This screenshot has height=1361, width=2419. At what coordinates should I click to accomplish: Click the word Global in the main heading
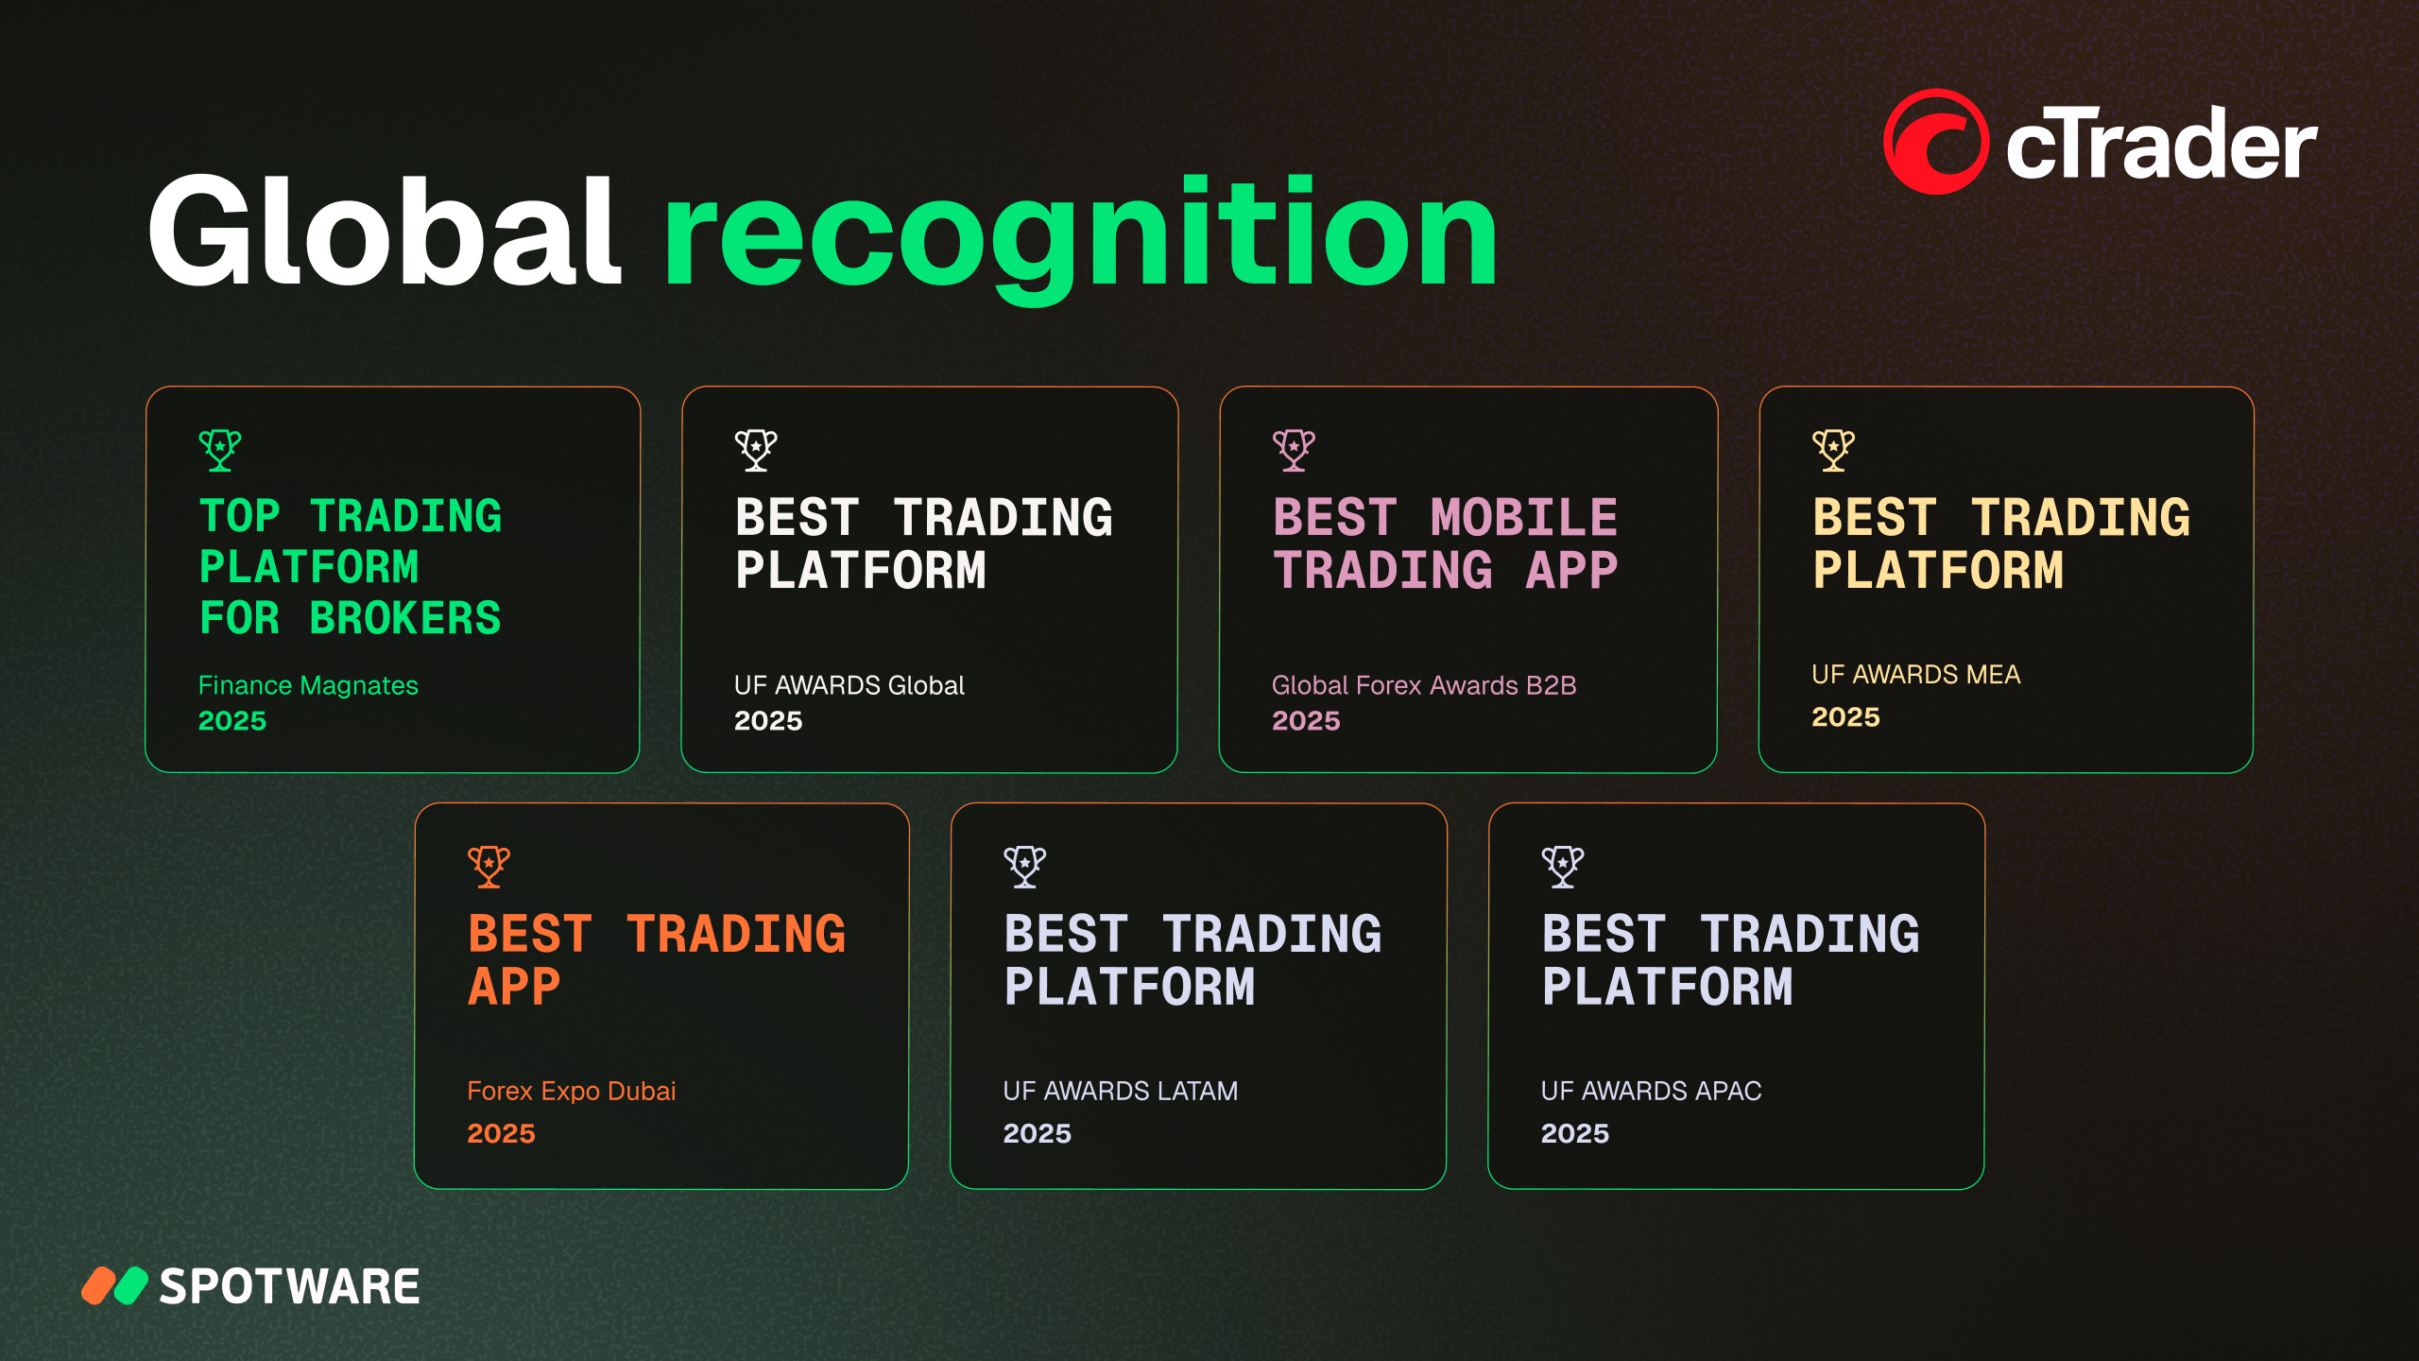tap(385, 232)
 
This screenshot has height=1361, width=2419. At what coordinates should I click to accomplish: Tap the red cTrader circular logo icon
tap(1935, 142)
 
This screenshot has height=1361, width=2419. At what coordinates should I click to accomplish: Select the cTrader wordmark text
tap(2161, 144)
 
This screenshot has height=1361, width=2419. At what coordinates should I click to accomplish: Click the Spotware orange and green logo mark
tap(114, 1285)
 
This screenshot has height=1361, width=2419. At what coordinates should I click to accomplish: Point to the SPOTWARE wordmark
tap(289, 1286)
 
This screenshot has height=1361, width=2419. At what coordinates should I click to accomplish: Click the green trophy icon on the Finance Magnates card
tap(220, 450)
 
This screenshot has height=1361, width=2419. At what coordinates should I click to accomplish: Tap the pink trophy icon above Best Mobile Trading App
tap(1294, 450)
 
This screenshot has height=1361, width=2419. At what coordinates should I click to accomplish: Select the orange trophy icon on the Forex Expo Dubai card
tap(489, 867)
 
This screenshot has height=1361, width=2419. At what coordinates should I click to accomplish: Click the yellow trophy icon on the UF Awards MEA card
tap(1833, 450)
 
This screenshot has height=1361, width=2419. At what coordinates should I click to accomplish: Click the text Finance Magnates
tap(308, 685)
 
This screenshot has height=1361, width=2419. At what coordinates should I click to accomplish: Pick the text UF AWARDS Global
tap(849, 685)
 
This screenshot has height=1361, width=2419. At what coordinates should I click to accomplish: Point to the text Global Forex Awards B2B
tap(1424, 685)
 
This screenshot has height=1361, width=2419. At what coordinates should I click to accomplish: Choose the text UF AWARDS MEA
tap(1915, 675)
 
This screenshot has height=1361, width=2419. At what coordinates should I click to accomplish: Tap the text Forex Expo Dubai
tap(572, 1091)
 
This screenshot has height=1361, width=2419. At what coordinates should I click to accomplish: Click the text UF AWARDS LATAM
tap(1121, 1091)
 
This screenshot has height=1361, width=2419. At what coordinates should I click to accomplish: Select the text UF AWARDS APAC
tap(1651, 1091)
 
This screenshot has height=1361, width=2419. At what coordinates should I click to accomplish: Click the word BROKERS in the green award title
tap(405, 618)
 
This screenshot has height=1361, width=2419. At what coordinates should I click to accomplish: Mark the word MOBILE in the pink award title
tap(1524, 518)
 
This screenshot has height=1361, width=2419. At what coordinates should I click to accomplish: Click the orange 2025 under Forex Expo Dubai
tap(501, 1133)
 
